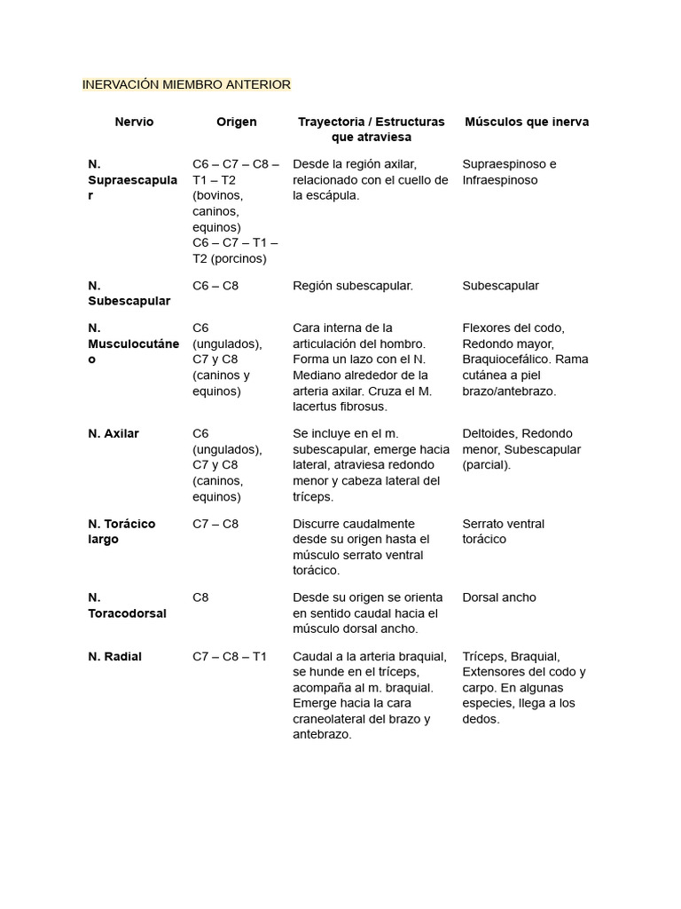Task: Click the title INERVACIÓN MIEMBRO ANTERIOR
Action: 186,85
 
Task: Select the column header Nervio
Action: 134,122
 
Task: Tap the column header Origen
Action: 236,122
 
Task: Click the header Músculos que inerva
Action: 527,122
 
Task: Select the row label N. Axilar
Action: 113,434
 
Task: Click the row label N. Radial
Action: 114,657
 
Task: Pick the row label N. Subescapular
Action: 129,294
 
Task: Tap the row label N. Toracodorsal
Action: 127,605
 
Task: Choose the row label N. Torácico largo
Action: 121,532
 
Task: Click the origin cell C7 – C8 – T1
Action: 229,657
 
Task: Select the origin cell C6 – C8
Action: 215,286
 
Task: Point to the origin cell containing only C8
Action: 200,597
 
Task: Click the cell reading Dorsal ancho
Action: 499,597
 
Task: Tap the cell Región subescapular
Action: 353,286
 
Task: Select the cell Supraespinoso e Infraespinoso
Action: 510,172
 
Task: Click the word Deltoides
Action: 489,434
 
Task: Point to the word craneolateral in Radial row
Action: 335,719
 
